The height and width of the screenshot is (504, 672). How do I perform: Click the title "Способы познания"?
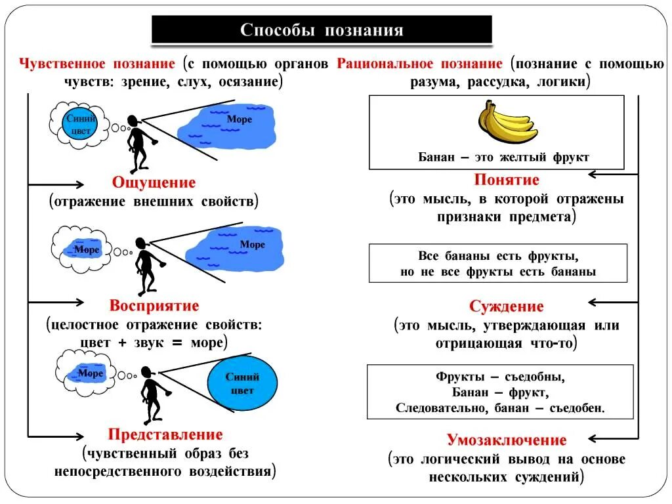[x=322, y=30]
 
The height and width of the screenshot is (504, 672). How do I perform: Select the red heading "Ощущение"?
[x=154, y=182]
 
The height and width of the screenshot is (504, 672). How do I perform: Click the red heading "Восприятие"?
[x=154, y=305]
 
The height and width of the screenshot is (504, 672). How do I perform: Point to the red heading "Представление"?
[x=165, y=434]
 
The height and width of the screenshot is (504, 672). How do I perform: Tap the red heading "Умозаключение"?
[x=507, y=440]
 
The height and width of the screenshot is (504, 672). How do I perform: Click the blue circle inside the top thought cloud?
[x=81, y=124]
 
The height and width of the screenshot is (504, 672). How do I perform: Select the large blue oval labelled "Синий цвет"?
[x=242, y=384]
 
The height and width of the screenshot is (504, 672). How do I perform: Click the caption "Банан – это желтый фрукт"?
[x=504, y=157]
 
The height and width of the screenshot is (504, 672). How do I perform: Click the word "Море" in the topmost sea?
[x=240, y=119]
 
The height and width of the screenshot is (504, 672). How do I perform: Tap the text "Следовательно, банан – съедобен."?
[x=500, y=408]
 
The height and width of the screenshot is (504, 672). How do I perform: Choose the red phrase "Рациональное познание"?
[x=420, y=64]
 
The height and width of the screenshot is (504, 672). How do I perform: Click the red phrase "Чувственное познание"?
[x=97, y=64]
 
